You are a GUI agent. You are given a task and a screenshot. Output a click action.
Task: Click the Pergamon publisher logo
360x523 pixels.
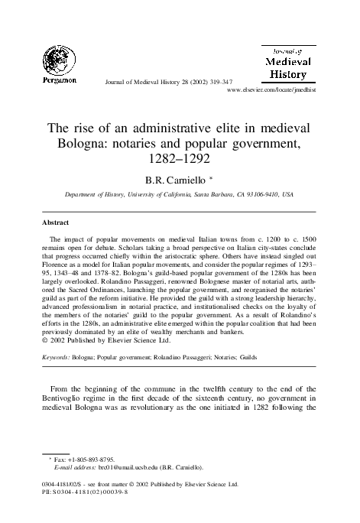click(54, 60)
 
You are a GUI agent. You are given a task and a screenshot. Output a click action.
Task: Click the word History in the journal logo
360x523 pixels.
click(287, 74)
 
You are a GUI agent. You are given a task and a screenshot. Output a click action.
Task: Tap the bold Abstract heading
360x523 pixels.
click(55, 224)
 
